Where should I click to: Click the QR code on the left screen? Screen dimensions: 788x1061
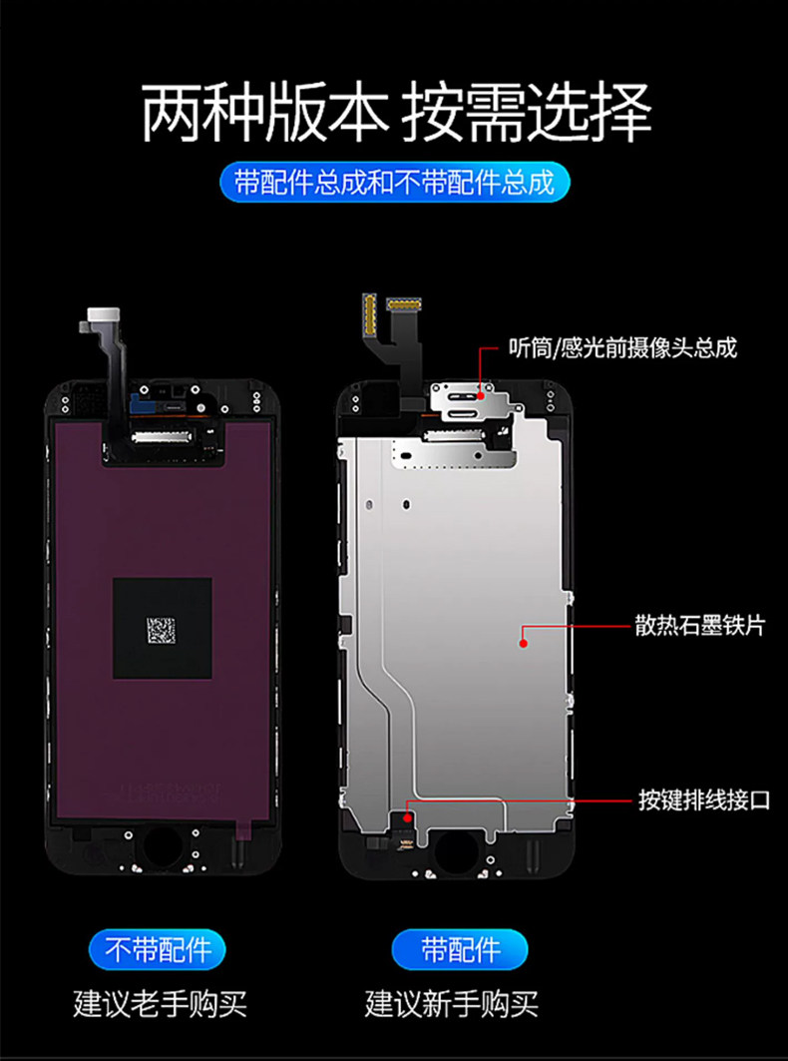pos(161,629)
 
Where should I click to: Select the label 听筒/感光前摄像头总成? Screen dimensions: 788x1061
pos(621,348)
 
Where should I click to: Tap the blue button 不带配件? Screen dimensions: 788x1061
pos(160,947)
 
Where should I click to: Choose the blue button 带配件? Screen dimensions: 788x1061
pos(460,947)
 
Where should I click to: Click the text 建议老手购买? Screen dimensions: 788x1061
pos(160,1002)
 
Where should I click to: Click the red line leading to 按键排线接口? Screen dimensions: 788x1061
pos(519,799)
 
